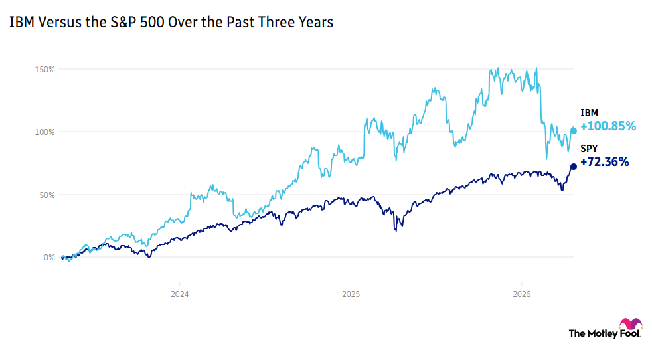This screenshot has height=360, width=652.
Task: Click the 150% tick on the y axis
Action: coord(46,69)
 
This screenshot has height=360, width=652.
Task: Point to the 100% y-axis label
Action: coord(46,132)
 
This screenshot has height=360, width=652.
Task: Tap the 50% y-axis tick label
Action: coord(47,195)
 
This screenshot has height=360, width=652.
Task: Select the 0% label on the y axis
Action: coord(49,257)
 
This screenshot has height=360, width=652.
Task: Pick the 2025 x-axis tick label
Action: coord(351,292)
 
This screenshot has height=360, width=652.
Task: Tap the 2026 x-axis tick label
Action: coord(521,292)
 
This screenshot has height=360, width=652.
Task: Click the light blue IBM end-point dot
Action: coord(574,131)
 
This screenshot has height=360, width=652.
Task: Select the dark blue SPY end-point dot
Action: coord(574,167)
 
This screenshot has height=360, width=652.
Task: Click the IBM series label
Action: coord(588,114)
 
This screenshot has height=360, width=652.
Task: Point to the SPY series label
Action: coord(588,149)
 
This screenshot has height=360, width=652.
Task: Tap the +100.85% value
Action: coord(608,126)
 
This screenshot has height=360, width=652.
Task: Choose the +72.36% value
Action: coord(605,161)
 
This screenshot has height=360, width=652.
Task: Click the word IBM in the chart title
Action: coord(19,22)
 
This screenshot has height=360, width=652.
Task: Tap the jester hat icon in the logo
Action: coord(630,325)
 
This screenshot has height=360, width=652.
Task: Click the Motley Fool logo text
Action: coord(595,333)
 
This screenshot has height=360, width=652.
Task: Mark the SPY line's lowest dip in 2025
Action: coord(396,230)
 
